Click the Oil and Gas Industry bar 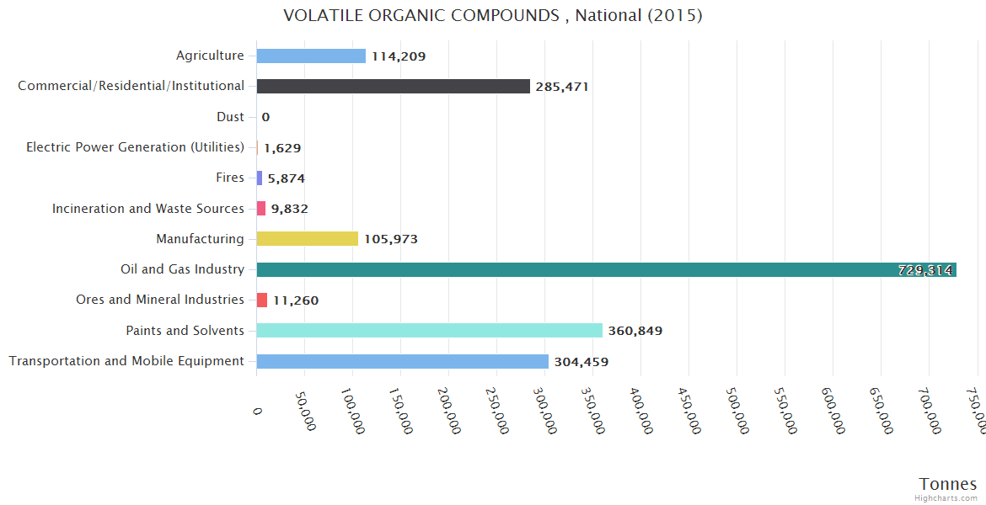[x=606, y=269]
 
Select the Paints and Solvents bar [x=429, y=331]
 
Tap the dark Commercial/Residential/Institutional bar [x=393, y=86]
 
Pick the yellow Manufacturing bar [x=307, y=239]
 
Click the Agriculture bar [x=310, y=56]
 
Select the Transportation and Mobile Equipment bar [x=402, y=361]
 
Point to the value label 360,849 [x=635, y=331]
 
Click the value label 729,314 [x=924, y=270]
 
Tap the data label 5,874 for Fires [x=286, y=178]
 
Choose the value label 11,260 [x=295, y=300]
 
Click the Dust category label [x=230, y=117]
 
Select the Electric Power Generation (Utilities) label [x=135, y=147]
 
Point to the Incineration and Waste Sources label [x=147, y=209]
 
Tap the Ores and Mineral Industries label [x=159, y=300]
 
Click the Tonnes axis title [x=947, y=484]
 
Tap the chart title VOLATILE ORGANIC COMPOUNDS [x=492, y=15]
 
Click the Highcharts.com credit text [x=946, y=498]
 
